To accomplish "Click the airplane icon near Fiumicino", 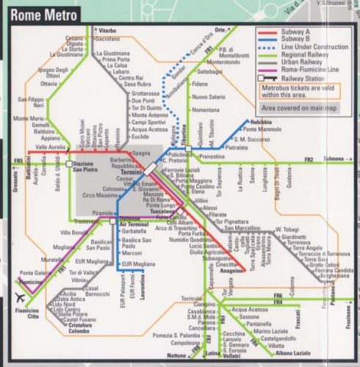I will click(21, 298).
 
